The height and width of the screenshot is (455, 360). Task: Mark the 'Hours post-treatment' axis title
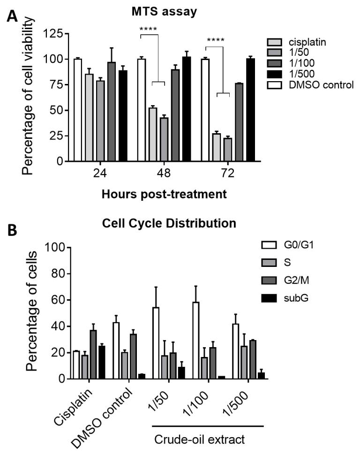(x=164, y=193)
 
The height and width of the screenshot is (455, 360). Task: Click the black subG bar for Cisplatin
(x=102, y=362)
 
